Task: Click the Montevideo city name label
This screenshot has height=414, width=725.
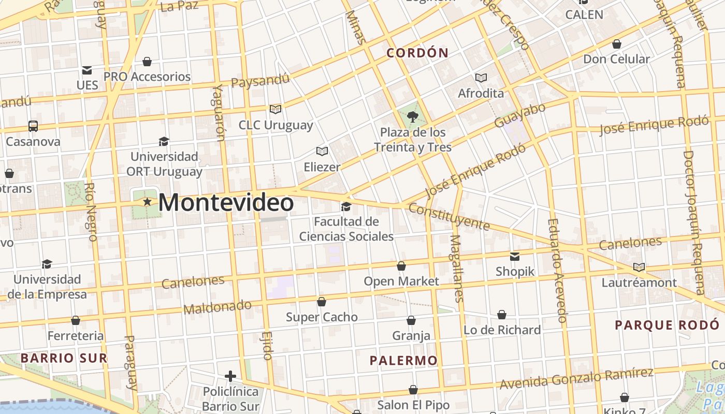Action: [226, 202]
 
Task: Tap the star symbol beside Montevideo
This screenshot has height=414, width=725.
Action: [148, 202]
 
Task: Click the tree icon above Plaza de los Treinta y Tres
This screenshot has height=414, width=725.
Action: [413, 117]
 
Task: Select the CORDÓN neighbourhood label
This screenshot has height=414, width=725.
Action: [417, 53]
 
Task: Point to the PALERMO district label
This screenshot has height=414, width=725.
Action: [404, 361]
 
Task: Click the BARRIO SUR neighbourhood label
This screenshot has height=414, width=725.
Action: [64, 358]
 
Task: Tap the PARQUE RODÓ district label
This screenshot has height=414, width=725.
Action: [667, 325]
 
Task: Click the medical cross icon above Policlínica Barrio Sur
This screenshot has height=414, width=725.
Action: [231, 376]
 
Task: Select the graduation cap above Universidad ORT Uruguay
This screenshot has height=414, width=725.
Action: [164, 141]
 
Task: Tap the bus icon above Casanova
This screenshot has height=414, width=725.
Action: [33, 126]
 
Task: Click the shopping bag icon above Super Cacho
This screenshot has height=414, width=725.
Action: [322, 302]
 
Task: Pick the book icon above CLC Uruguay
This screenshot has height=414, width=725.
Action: [275, 109]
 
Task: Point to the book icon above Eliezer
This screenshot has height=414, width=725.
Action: [322, 151]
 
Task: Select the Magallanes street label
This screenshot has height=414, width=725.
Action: [456, 268]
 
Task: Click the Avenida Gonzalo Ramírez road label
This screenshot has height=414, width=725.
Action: [576, 379]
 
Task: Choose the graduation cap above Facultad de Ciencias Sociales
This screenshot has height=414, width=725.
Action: [346, 207]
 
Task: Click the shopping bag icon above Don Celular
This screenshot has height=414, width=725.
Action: [616, 44]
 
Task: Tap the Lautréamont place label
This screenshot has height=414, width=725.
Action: [639, 283]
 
